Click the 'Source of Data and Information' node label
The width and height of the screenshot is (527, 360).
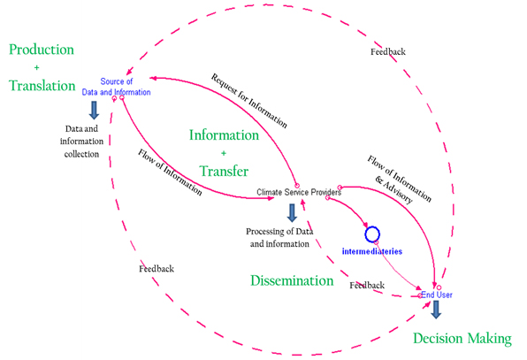(x=117, y=87)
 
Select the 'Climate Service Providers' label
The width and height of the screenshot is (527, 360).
(x=299, y=192)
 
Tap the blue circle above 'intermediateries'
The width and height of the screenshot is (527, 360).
(x=372, y=234)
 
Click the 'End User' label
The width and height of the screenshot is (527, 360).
(x=437, y=295)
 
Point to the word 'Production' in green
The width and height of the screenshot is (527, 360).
(x=42, y=50)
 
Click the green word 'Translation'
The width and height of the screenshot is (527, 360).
(x=42, y=86)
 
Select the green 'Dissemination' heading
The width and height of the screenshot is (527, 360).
(x=292, y=280)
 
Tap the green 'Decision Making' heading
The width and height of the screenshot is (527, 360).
(x=462, y=339)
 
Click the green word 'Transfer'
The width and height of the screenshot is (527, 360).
(x=224, y=171)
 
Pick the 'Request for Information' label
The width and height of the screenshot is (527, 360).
(x=249, y=101)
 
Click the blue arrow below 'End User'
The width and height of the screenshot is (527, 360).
(x=436, y=310)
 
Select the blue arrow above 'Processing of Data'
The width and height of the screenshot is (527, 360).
(x=292, y=213)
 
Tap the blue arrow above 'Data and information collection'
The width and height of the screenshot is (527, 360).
(x=94, y=111)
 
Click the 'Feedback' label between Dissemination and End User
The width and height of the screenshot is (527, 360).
(x=367, y=286)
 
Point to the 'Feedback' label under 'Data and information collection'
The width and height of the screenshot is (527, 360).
(x=157, y=269)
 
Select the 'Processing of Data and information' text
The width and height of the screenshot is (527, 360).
(x=279, y=238)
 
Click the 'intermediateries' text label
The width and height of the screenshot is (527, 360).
(x=372, y=251)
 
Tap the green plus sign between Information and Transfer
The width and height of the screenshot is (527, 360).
(x=224, y=153)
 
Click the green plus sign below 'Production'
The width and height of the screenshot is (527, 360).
(x=36, y=67)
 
